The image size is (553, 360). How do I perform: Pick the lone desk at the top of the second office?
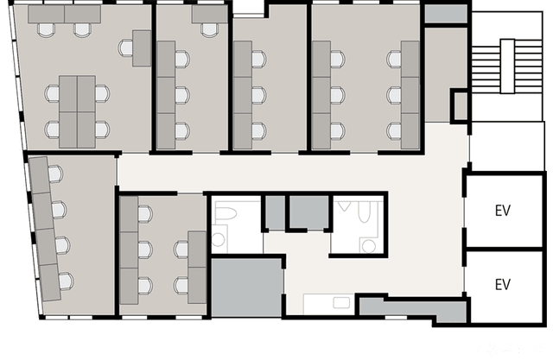(x=208, y=15)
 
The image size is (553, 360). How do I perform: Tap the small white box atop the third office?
(x=247, y=9)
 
